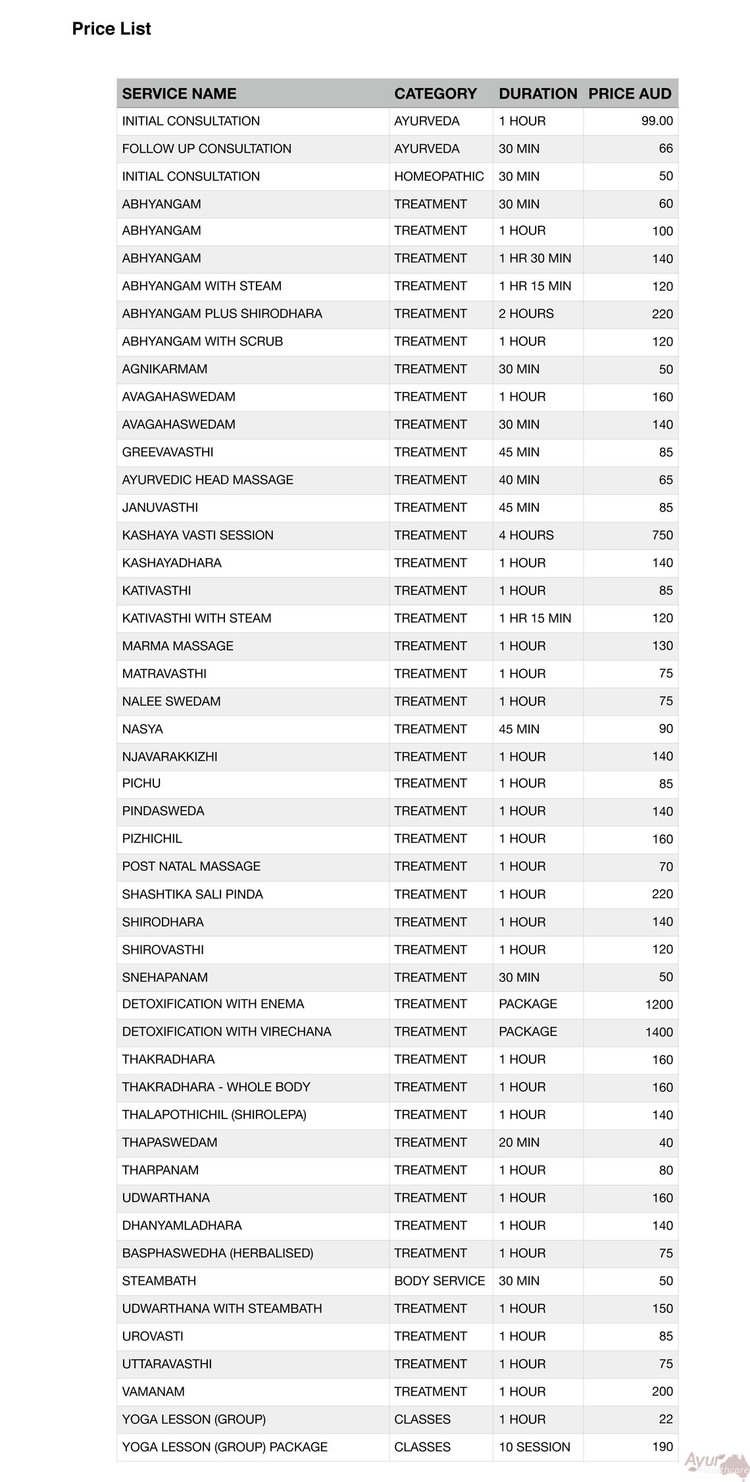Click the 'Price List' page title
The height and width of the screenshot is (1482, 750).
(111, 29)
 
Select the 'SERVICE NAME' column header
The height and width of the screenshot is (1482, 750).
(179, 93)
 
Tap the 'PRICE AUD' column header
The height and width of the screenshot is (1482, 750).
(630, 93)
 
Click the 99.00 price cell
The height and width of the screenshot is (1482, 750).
(657, 121)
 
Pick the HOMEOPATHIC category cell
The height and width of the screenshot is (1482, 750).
(439, 176)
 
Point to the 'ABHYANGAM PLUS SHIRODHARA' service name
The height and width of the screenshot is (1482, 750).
(222, 314)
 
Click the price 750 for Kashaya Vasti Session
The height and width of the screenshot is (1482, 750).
(662, 535)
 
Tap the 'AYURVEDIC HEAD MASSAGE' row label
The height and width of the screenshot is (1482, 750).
(207, 480)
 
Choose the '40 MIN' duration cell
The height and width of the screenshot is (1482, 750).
(518, 480)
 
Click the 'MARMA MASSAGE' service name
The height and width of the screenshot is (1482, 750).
(178, 646)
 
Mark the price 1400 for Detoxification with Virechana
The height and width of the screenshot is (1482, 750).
(659, 1032)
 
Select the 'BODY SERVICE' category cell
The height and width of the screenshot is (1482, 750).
(439, 1281)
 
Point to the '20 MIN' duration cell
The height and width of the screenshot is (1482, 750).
(518, 1143)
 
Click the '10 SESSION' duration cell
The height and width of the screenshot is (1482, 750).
(534, 1446)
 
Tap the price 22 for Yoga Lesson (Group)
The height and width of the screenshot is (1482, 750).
(666, 1419)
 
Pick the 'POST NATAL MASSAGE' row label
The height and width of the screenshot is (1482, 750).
(191, 867)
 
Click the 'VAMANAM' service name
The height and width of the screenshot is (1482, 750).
(153, 1391)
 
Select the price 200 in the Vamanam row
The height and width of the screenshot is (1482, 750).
(662, 1391)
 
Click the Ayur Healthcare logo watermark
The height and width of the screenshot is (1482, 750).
(715, 1464)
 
